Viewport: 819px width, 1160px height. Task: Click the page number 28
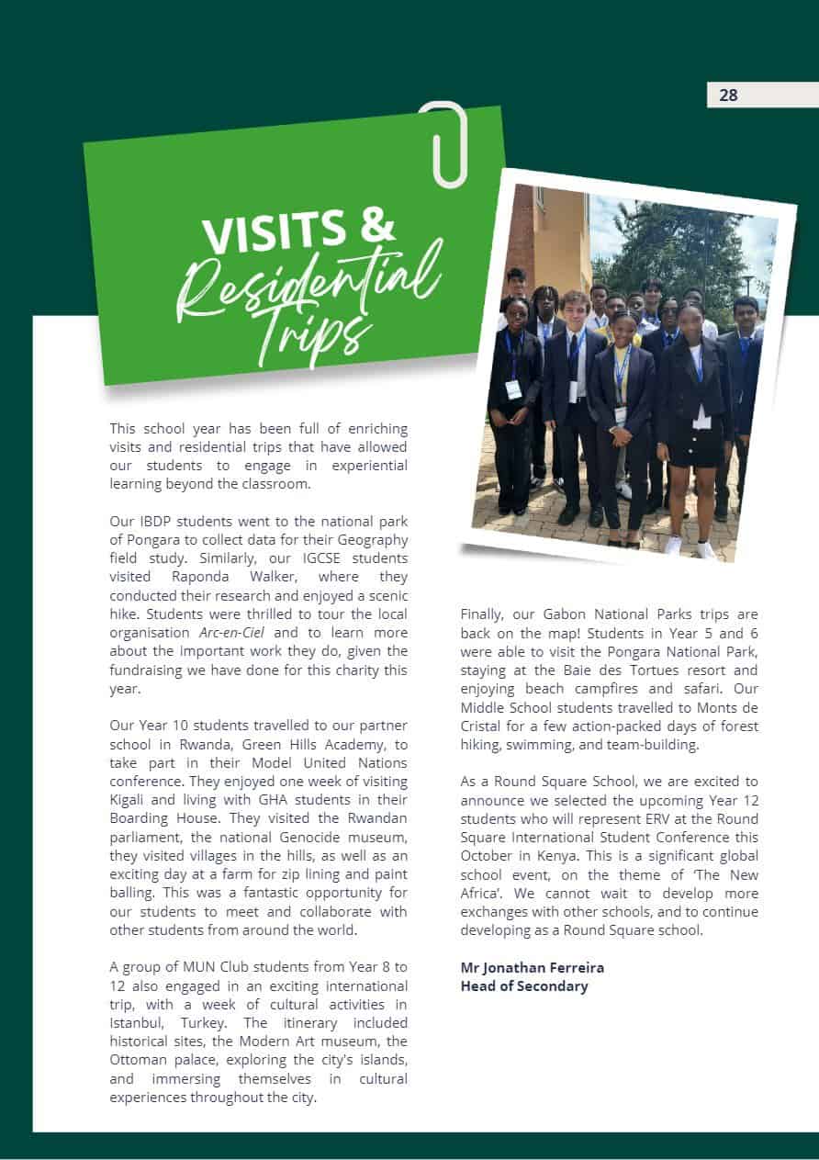click(x=728, y=95)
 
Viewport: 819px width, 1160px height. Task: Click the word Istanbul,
click(x=139, y=1022)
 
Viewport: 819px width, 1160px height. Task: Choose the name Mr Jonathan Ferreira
click(x=532, y=967)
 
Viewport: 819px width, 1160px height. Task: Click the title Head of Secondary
click(x=523, y=985)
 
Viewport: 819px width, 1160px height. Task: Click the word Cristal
click(x=484, y=726)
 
